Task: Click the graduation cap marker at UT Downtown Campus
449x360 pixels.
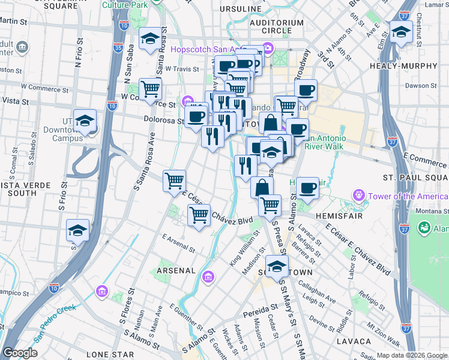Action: (85, 121)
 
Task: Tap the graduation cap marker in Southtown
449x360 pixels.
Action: (276, 266)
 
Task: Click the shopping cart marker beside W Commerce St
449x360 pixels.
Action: (151, 89)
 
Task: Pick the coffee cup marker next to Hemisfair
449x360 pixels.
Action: (308, 188)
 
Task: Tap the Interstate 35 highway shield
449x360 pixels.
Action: (118, 47)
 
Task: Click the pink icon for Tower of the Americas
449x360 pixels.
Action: (360, 195)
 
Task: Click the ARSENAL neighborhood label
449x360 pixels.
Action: (176, 271)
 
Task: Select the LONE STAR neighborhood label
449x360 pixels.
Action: (110, 355)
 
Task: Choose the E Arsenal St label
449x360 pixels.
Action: (178, 243)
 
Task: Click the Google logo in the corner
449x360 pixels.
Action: (20, 353)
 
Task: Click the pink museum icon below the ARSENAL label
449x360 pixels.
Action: (208, 277)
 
